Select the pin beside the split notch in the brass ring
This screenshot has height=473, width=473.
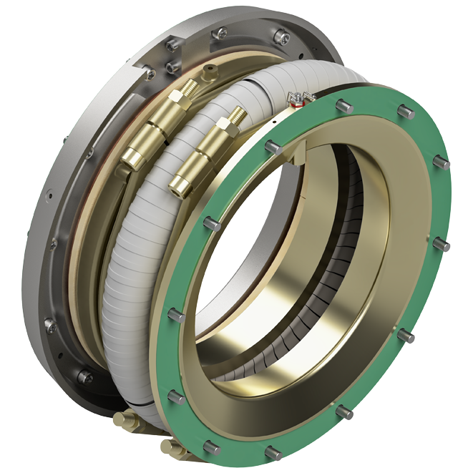coord(272,147)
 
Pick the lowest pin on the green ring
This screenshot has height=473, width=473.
coord(272,452)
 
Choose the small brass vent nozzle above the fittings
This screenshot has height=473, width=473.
coord(209,70)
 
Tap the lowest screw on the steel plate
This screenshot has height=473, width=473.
coord(85,375)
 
